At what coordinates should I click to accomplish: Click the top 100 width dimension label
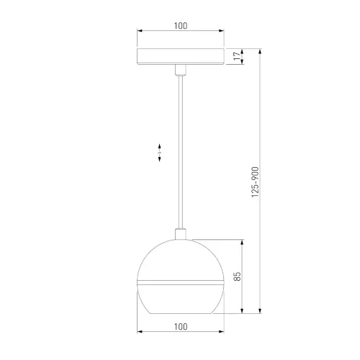click(181, 26)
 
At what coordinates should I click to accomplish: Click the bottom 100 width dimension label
click(181, 327)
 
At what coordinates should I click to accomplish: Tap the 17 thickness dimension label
click(237, 55)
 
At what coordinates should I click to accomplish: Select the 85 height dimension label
click(237, 276)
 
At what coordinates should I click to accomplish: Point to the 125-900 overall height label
click(255, 182)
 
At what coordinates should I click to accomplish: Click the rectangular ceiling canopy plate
click(181, 56)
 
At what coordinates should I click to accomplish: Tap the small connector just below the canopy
click(181, 70)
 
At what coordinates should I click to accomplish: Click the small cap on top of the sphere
click(181, 234)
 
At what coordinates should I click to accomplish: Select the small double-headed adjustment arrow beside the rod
click(160, 153)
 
